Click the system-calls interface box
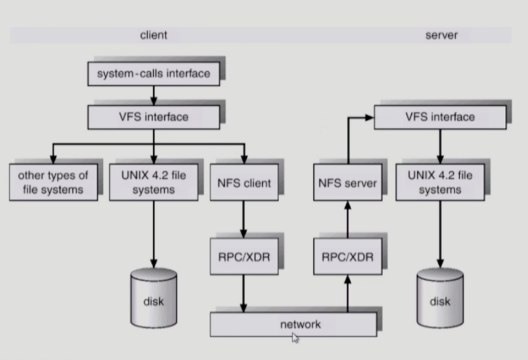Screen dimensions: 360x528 point(153,74)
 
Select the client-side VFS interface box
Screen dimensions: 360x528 point(153,117)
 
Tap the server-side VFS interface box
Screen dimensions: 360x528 point(440,117)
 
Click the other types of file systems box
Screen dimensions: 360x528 point(53,182)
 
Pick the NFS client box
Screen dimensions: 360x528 point(243,182)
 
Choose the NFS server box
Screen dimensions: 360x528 point(347,182)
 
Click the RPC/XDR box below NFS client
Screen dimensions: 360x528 point(243,256)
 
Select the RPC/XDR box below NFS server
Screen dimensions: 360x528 point(347,256)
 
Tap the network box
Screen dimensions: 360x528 point(293,324)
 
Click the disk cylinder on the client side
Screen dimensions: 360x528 point(154,297)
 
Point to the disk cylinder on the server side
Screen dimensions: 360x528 point(440,297)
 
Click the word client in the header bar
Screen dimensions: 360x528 point(153,35)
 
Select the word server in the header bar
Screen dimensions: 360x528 point(441,35)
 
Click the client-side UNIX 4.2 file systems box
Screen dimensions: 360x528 point(154,182)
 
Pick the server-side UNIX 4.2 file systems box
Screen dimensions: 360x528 point(440,182)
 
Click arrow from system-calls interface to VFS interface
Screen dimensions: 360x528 point(153,95)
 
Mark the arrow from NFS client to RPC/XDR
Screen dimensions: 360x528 point(243,220)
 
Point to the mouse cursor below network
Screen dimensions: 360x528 point(295,338)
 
